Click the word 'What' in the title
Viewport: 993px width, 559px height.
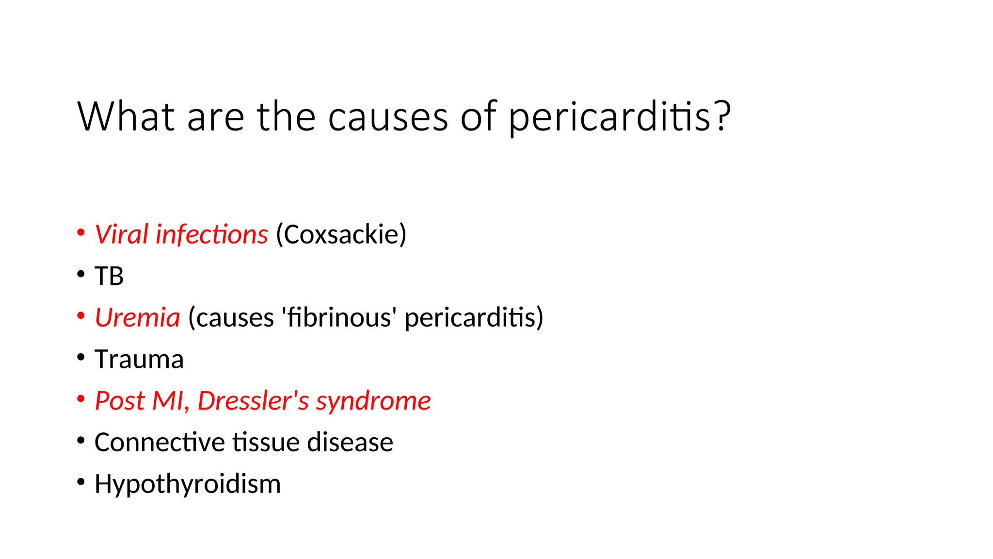(x=126, y=116)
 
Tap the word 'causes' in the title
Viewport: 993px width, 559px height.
(x=388, y=117)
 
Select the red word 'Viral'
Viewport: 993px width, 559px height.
(x=121, y=234)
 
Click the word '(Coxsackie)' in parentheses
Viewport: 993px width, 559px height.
(x=341, y=235)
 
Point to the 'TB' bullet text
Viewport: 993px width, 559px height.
(x=109, y=276)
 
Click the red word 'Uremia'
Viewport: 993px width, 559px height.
(x=137, y=318)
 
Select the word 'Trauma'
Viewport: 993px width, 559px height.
(x=139, y=360)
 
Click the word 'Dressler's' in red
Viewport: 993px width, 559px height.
(x=253, y=401)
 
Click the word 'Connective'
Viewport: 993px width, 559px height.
(x=160, y=443)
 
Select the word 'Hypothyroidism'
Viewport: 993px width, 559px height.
(x=188, y=484)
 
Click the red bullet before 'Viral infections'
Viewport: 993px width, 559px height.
(x=81, y=232)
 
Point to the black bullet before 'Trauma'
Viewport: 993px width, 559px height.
(x=81, y=358)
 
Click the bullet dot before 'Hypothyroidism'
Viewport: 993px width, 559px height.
(x=81, y=482)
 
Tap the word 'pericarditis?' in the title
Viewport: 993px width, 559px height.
(x=619, y=117)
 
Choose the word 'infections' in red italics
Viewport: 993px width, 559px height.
(x=211, y=234)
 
